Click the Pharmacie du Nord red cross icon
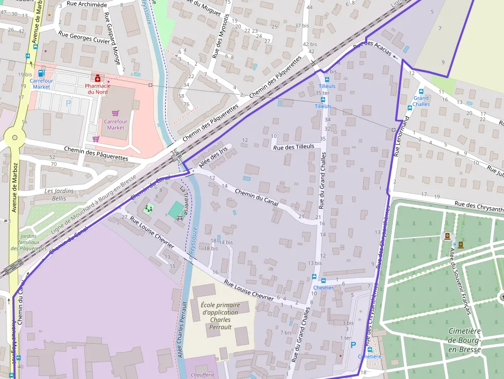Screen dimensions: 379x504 [97, 78]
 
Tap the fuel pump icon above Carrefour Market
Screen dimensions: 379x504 [41, 73]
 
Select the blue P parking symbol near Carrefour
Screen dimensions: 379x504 [68, 103]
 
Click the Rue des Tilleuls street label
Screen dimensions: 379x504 [293, 147]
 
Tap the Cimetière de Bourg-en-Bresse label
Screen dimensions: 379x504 [464, 340]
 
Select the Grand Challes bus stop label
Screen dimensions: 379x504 [421, 101]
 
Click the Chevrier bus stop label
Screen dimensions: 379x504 [323, 287]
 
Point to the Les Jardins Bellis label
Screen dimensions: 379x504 [59, 194]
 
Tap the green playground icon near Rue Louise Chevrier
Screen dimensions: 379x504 [149, 208]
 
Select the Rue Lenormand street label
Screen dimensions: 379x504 [401, 136]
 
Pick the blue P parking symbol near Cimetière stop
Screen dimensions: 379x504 [353, 345]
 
